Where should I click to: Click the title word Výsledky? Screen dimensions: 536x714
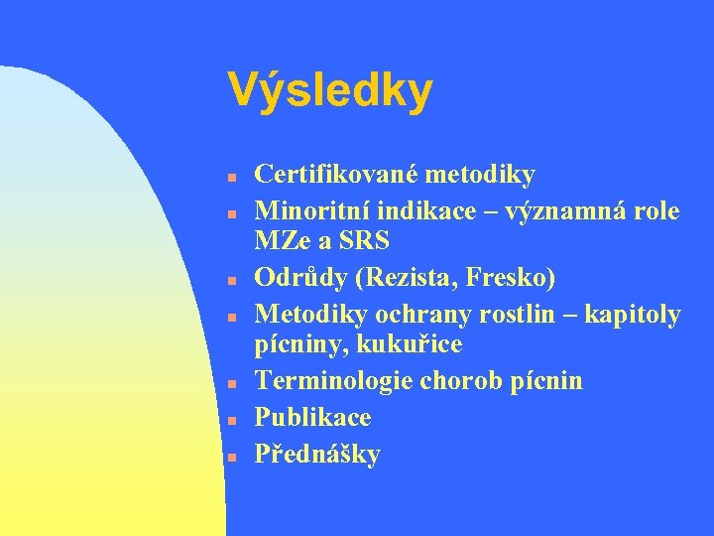[x=329, y=91]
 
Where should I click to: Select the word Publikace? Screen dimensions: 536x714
[x=312, y=417]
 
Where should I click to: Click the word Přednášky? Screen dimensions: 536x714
[x=317, y=454]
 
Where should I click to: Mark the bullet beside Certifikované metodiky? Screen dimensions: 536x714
[x=229, y=177]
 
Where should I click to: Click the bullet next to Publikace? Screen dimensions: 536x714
[x=229, y=419]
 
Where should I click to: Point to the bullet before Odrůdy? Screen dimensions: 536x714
[x=229, y=281]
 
